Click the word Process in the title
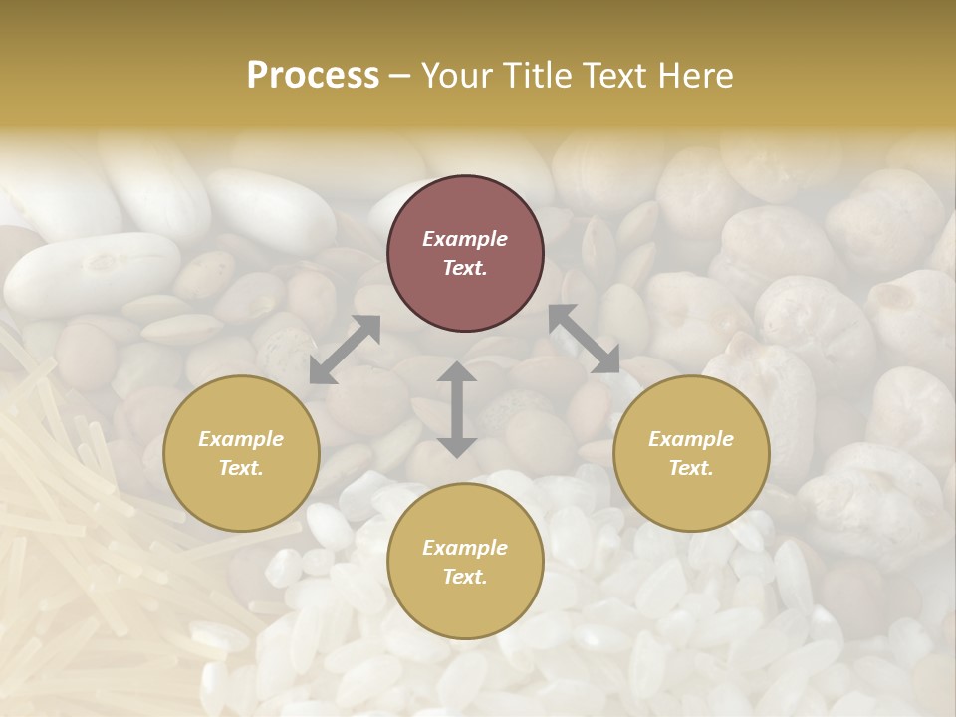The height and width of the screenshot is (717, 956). coord(313,76)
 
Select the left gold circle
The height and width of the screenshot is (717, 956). coord(241,453)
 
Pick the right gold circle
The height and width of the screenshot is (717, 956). coord(691,453)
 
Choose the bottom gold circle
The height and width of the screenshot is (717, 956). coord(465,562)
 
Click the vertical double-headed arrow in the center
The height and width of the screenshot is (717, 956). coord(456,409)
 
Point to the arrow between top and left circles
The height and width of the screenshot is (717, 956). coord(345,350)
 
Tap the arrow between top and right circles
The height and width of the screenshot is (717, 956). coord(585,339)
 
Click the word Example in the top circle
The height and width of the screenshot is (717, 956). coord(465,239)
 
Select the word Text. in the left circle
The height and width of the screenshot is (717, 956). coord(241,468)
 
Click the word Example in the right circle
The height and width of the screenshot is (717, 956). coord(691,439)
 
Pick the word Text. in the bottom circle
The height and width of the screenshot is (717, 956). coord(465,577)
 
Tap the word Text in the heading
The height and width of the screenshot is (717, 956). coord(613,76)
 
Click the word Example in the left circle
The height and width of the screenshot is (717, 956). coord(241,439)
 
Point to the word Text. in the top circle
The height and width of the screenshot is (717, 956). coord(465,268)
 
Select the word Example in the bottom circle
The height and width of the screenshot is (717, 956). coord(465,548)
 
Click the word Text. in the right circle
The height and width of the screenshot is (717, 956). coord(691,468)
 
